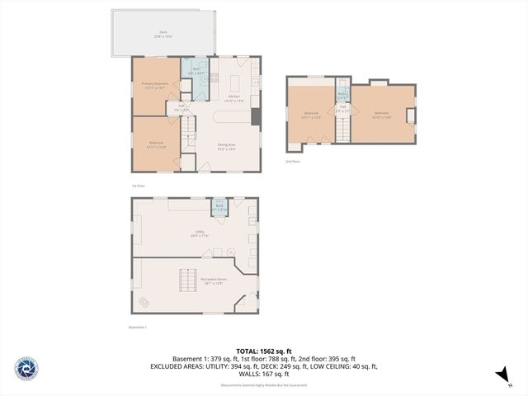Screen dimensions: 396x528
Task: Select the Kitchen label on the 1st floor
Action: [x=234, y=98]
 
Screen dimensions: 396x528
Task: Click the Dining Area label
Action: [x=227, y=147]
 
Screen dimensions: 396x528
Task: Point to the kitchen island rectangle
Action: [x=233, y=83]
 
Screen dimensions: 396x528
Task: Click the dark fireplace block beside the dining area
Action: [x=256, y=117]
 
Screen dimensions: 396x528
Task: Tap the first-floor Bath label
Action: [x=196, y=72]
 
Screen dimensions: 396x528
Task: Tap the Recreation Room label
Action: [x=214, y=280]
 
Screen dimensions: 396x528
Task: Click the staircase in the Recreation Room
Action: [x=189, y=280]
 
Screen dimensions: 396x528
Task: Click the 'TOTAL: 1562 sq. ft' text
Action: [x=263, y=351]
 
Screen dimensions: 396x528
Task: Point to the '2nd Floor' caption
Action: [x=293, y=162]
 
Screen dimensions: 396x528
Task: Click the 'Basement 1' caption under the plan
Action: [x=137, y=328]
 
